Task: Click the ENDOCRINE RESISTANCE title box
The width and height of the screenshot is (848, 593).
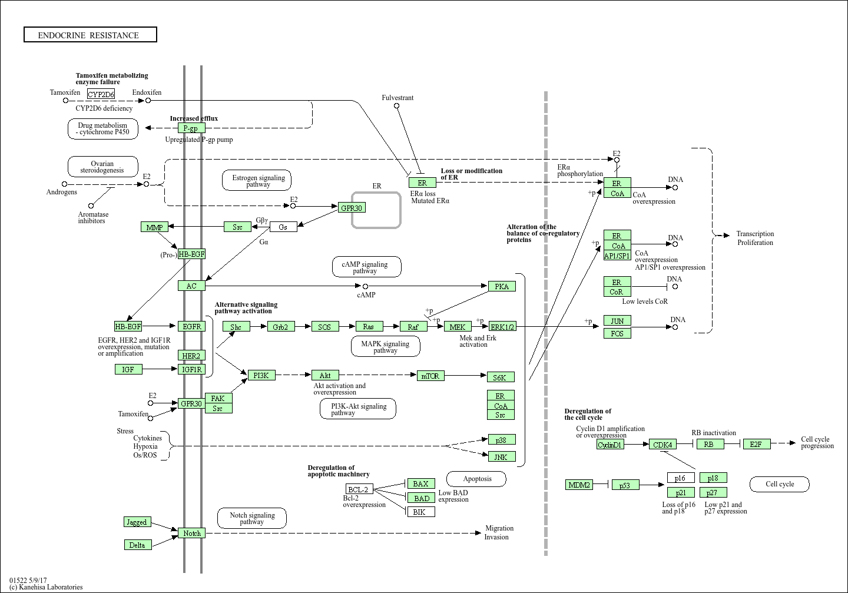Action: point(90,35)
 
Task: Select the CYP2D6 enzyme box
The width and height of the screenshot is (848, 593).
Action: point(101,94)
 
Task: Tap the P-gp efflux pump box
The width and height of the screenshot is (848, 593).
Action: point(191,128)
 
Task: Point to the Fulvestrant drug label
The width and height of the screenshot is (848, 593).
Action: point(397,98)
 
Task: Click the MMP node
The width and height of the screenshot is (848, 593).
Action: point(154,227)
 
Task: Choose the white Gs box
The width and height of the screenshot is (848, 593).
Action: point(283,227)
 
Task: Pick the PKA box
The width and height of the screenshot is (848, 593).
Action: point(502,286)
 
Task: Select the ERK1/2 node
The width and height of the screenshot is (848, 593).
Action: point(502,326)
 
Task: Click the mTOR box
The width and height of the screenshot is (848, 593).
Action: point(430,376)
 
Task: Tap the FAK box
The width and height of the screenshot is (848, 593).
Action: point(218,398)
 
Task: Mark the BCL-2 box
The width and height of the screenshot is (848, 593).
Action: point(359,489)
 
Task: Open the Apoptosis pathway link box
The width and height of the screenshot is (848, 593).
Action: point(477,479)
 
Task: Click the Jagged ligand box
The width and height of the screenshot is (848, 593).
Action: point(137,522)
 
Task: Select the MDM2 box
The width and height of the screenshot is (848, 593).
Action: point(579,485)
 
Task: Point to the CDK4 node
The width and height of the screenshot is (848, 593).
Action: point(662,444)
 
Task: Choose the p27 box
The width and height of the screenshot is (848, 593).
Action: point(713,492)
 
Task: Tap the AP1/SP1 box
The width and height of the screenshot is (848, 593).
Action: point(617,256)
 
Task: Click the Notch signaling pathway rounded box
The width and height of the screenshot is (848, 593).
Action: point(252,518)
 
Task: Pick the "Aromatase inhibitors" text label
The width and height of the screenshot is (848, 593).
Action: point(93,217)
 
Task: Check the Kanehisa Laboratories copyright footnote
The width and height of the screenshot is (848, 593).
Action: point(46,587)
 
